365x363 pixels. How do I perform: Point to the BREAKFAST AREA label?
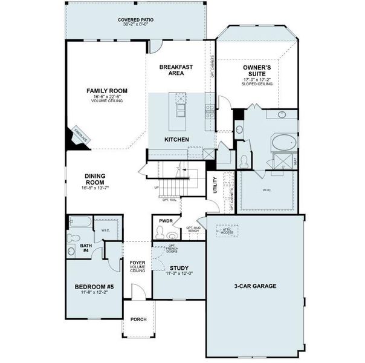pyautogui.click(x=176, y=70)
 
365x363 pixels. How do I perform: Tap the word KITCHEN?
pyautogui.click(x=176, y=140)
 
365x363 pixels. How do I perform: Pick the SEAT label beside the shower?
pyautogui.click(x=295, y=162)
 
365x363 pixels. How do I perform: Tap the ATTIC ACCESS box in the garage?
pyautogui.click(x=227, y=231)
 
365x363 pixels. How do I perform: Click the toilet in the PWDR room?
pyautogui.click(x=172, y=236)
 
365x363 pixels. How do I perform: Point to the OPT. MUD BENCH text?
pyautogui.click(x=193, y=230)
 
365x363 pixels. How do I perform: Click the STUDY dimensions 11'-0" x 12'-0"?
pyautogui.click(x=179, y=274)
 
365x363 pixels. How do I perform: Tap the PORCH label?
pyautogui.click(x=138, y=319)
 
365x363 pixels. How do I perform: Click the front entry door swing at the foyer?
pyautogui.click(x=138, y=293)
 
